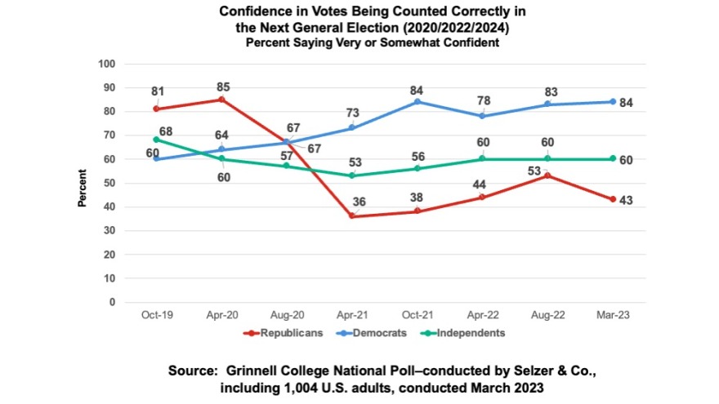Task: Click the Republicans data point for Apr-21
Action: [351, 216]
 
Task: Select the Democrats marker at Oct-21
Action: [417, 101]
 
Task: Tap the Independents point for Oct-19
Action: [156, 140]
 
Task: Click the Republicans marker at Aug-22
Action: [547, 175]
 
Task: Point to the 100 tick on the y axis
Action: [107, 64]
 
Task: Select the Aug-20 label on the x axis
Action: [286, 313]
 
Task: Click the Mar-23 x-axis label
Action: [612, 313]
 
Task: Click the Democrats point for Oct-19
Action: [156, 159]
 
